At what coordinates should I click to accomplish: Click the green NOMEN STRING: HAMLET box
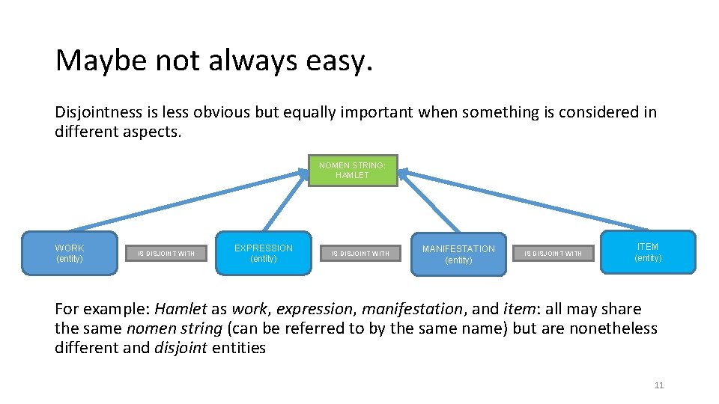[x=353, y=170]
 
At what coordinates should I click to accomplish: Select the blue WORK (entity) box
[x=70, y=253]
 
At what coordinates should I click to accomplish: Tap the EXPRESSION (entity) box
[x=264, y=253]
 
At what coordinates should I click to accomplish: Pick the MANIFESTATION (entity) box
[x=458, y=254]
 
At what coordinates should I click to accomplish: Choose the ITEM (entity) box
[x=648, y=252]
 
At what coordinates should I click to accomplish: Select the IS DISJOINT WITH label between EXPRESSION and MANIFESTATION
[x=361, y=254]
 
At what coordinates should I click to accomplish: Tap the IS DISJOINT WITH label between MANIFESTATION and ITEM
[x=553, y=254]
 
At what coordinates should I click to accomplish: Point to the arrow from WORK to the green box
[x=187, y=201]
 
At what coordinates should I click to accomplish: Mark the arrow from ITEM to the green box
[x=524, y=201]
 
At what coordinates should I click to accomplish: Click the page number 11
[x=659, y=385]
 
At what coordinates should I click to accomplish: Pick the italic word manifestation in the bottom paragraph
[x=420, y=309]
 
